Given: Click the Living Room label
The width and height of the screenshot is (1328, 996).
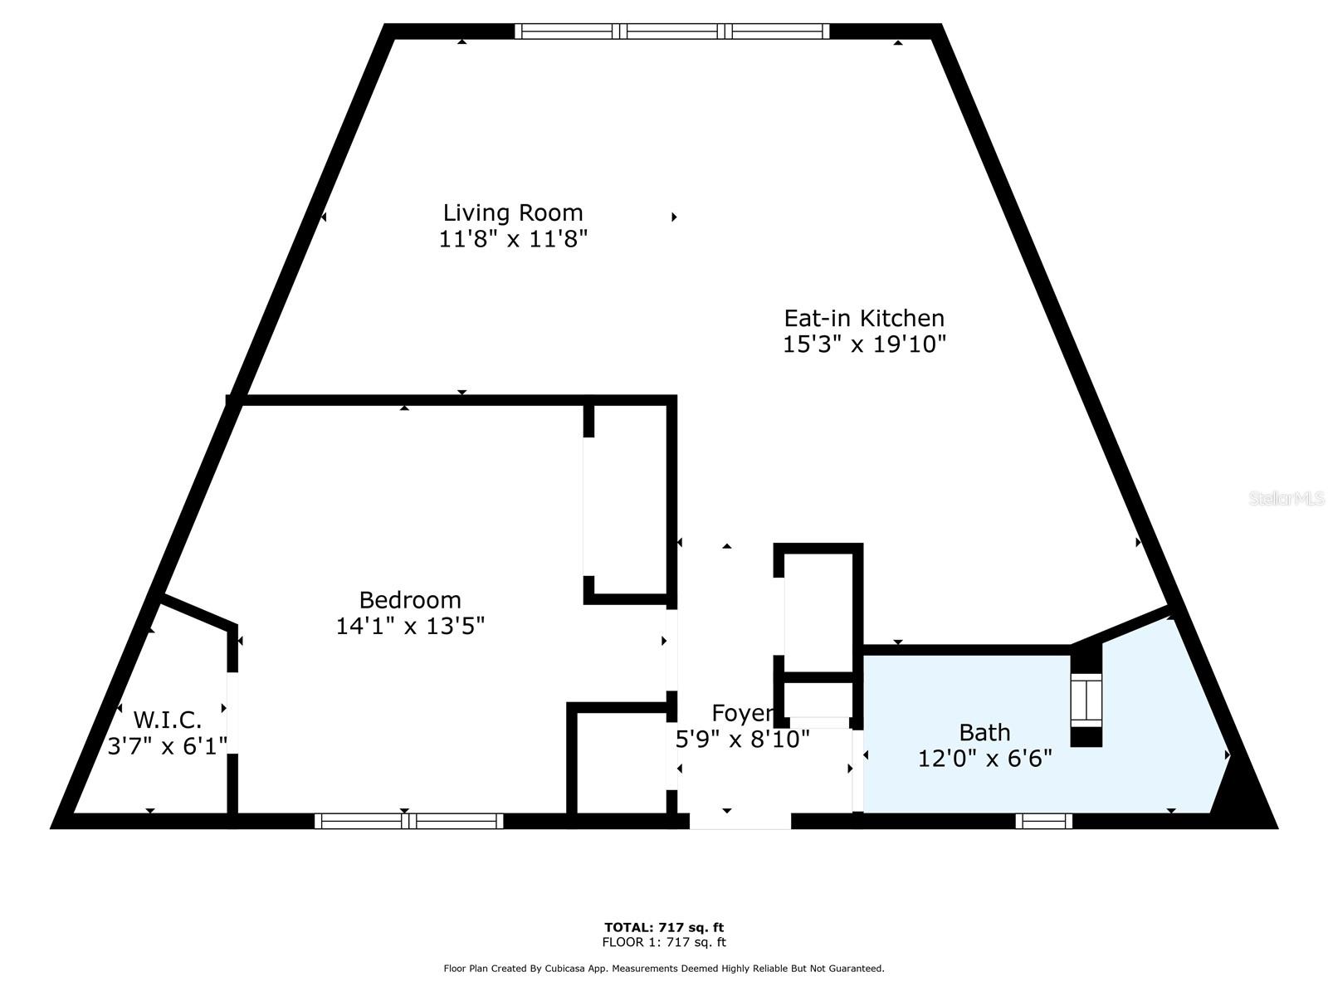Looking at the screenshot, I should coord(512,212).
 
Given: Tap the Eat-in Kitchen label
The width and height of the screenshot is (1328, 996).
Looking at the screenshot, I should coord(864,318).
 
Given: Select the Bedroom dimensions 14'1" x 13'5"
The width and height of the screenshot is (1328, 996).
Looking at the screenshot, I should coord(410,626).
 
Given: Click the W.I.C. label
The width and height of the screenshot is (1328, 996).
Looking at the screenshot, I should coord(167,720).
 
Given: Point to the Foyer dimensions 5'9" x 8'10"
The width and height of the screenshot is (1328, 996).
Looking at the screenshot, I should coord(742,740).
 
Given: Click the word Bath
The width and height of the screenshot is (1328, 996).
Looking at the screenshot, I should coord(984,732).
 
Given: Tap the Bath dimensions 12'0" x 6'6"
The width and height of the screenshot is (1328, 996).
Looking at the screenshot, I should coord(984,759).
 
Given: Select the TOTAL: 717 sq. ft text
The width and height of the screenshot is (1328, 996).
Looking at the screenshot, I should coord(664,927).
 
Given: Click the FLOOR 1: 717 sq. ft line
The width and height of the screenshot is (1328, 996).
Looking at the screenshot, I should coord(664,942).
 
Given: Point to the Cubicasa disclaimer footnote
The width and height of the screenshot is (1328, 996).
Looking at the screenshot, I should coord(664,969).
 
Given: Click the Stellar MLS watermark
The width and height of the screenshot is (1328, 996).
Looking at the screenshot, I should coord(1286,499).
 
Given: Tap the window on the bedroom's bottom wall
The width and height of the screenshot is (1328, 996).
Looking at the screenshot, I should coord(408,821).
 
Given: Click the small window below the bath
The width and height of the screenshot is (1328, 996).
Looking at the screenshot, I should coord(1043,821).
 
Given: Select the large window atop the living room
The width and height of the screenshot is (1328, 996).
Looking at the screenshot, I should coord(671,32).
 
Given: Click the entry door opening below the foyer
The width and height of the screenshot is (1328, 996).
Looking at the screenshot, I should coord(740,822).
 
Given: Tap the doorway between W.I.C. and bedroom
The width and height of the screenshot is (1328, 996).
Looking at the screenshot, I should coord(233,713).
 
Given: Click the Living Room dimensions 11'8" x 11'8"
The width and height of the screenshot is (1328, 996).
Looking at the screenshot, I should coord(512,240).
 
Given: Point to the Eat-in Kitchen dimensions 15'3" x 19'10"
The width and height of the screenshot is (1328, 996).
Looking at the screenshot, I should coord(864,344).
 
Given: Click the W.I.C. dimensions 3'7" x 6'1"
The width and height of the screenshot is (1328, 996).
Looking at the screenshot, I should coord(167,746).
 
